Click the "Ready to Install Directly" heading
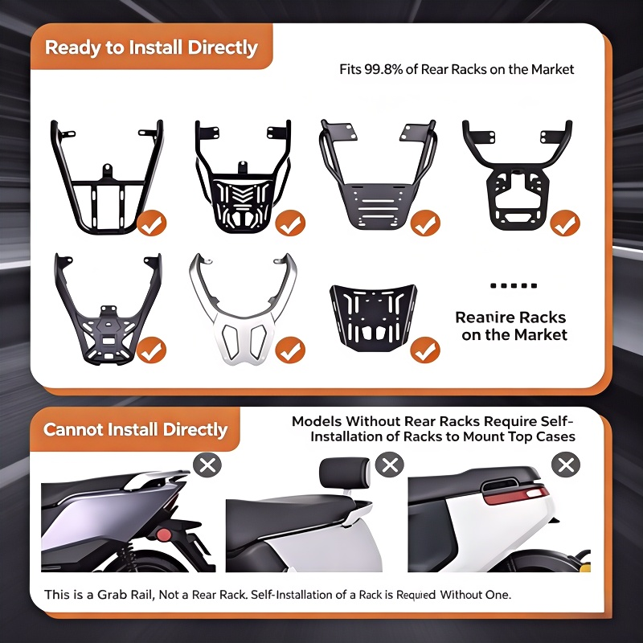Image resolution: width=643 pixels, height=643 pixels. [x=151, y=47]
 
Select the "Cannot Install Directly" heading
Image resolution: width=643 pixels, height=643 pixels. [x=135, y=429]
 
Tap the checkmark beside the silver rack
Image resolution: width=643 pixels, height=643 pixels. [x=290, y=350]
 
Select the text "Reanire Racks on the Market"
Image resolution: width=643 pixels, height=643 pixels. [x=511, y=326]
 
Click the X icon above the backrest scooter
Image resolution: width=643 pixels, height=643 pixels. [x=390, y=465]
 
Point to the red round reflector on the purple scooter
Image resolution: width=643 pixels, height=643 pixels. [x=164, y=534]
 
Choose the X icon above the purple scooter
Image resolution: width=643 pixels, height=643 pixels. [x=207, y=465]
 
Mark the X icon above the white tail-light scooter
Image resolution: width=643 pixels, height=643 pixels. [x=566, y=465]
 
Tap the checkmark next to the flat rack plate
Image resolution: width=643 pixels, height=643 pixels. [x=425, y=350]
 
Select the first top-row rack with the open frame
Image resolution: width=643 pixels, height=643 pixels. [x=107, y=177]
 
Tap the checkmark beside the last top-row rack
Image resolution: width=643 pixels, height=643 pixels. [x=565, y=223]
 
